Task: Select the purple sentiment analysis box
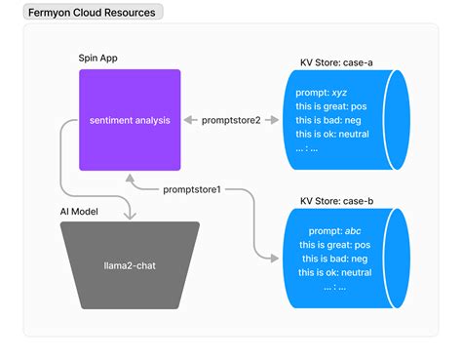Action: tap(130, 119)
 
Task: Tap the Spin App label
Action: tap(101, 57)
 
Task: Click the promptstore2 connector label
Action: tap(232, 120)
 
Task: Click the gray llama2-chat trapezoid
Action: tap(130, 263)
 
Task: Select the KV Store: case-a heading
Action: tap(336, 61)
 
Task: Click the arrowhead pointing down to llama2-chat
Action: tap(130, 215)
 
